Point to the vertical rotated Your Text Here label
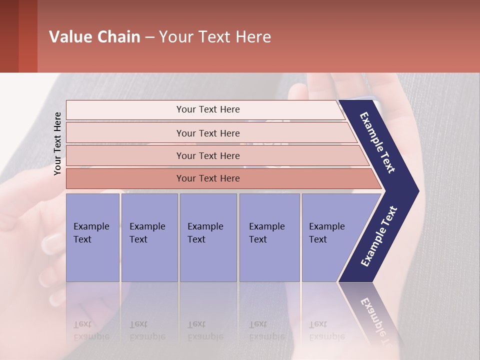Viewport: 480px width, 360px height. point(57,143)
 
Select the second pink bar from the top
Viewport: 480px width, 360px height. point(207,133)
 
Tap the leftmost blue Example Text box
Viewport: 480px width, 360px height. point(92,237)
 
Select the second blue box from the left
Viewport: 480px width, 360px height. point(149,237)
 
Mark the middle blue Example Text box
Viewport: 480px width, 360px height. point(208,237)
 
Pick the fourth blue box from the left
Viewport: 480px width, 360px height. point(269,237)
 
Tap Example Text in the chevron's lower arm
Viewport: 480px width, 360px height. point(378,236)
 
